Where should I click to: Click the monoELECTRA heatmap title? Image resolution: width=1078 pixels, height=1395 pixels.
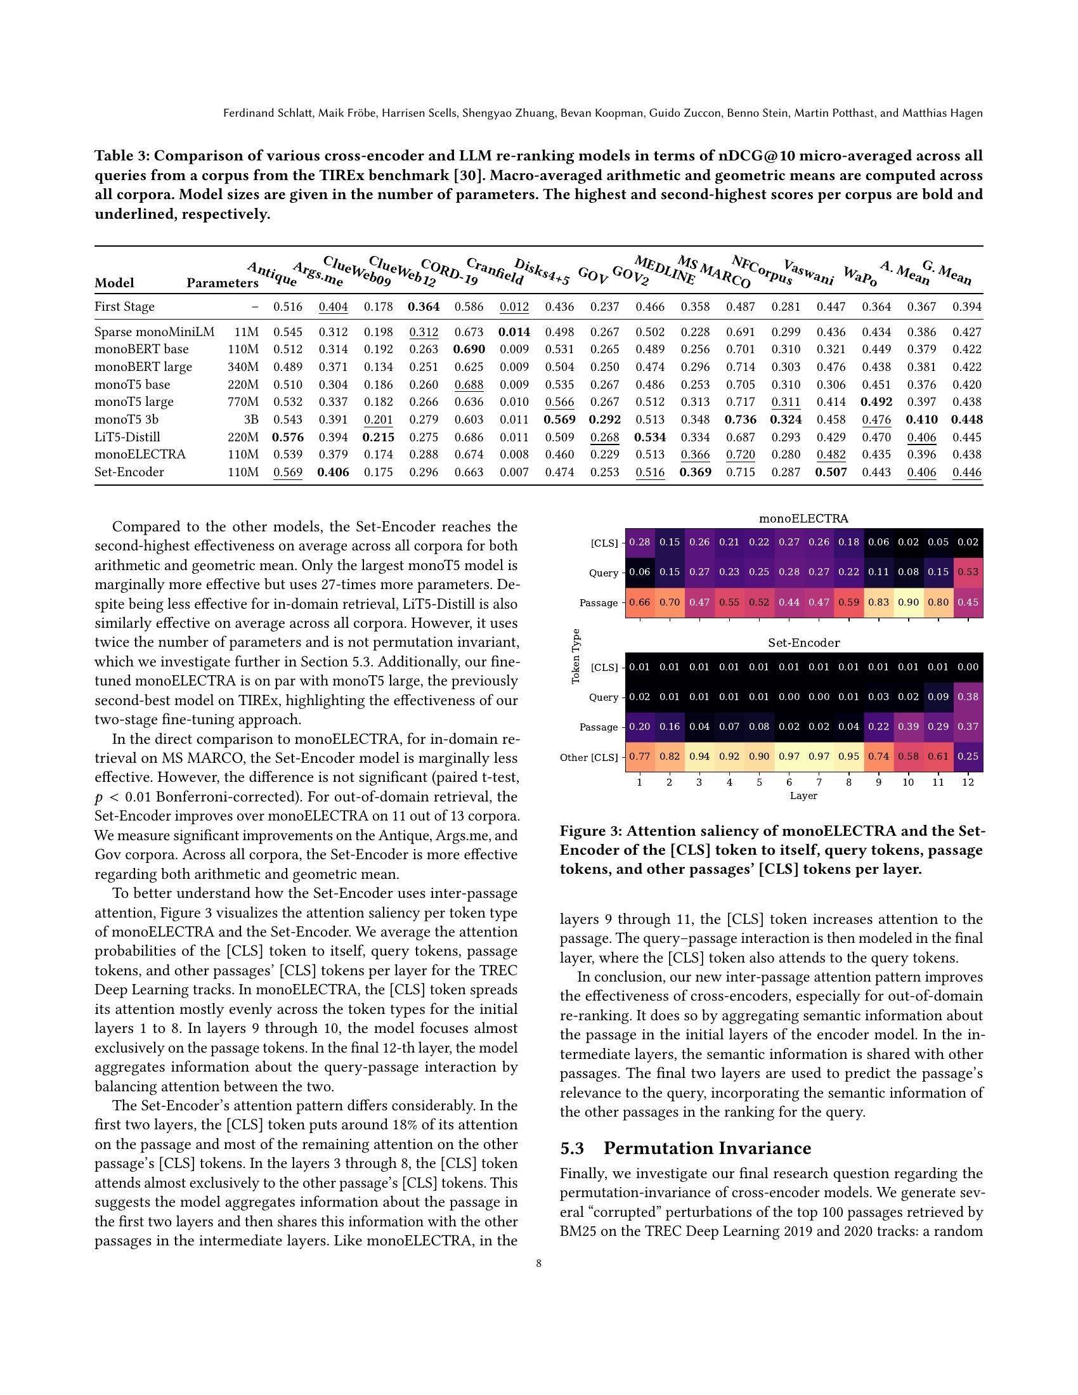(x=803, y=519)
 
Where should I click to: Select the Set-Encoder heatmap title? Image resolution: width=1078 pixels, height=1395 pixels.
(x=803, y=643)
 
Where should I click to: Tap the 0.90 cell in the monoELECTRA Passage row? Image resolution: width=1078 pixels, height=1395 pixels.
(x=908, y=602)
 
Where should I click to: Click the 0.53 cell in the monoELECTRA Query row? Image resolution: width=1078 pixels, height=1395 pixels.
(x=968, y=573)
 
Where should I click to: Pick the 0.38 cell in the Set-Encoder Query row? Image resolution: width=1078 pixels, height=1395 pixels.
(x=968, y=697)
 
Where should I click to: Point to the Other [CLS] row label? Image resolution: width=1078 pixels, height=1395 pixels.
(x=588, y=758)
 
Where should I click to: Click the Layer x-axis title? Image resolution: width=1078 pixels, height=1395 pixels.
(x=803, y=796)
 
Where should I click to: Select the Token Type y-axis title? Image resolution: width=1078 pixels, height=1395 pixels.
(x=576, y=656)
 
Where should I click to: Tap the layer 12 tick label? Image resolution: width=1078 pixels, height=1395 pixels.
(x=968, y=782)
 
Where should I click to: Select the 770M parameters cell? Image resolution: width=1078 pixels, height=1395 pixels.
(x=243, y=402)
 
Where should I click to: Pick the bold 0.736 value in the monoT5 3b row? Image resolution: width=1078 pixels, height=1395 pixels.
(x=741, y=420)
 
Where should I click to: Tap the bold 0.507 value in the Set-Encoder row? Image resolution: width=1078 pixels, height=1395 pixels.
(x=831, y=472)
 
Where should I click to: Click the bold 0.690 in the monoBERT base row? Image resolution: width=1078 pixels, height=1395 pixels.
(x=469, y=349)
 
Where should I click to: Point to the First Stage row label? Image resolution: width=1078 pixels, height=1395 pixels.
(x=124, y=307)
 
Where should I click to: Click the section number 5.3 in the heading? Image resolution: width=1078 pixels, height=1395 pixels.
(x=571, y=1148)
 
